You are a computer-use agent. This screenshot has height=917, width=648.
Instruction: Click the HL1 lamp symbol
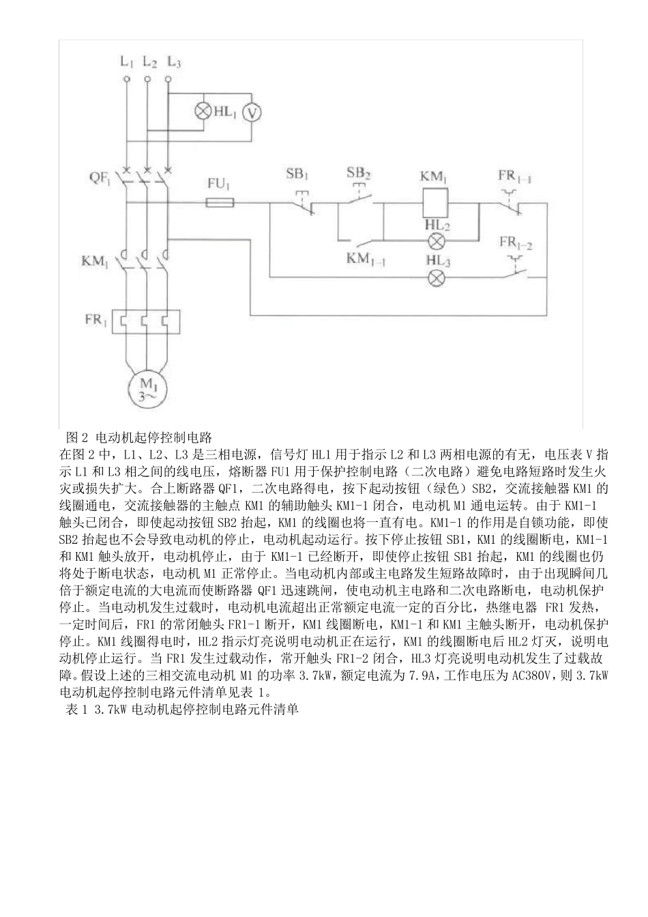coord(203,112)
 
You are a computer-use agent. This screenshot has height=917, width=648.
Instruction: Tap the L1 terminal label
coord(126,61)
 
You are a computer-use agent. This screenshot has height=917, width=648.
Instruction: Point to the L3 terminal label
coord(173,61)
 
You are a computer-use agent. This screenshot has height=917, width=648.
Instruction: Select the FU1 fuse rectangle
coord(220,202)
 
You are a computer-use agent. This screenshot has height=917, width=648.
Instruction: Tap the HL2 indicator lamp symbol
coord(436,241)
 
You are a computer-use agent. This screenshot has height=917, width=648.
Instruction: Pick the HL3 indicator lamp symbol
coord(436,277)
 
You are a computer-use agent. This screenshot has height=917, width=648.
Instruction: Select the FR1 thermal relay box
coord(146,321)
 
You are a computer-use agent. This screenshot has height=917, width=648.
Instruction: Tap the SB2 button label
coord(358,173)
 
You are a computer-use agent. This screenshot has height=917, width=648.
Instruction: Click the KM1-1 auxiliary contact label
coord(366,259)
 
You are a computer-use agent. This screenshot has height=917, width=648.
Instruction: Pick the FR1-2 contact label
coord(516,243)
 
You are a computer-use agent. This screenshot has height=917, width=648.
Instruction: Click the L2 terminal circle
coord(147,81)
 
